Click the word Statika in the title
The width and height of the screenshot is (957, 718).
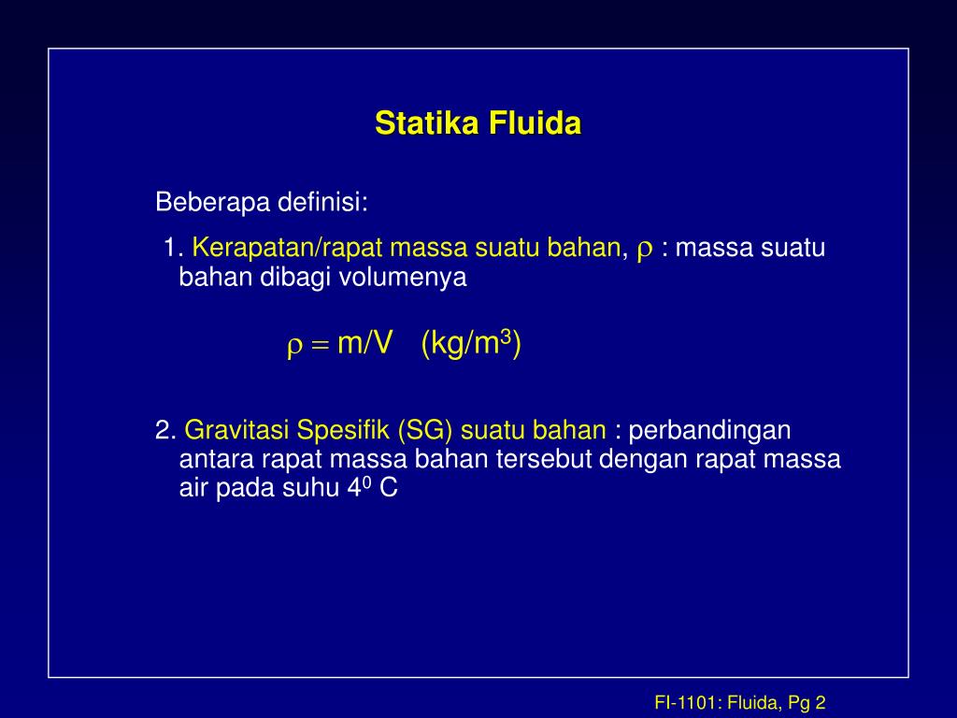420,123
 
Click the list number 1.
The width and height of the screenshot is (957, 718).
171,249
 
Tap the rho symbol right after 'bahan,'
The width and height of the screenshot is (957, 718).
644,250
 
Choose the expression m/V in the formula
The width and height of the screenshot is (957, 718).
364,344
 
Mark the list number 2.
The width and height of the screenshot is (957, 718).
165,431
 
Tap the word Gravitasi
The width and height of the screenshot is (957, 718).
237,431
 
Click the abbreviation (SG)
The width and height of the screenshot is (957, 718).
426,431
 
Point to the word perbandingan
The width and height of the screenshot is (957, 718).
710,431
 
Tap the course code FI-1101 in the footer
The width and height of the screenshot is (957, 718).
687,703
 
